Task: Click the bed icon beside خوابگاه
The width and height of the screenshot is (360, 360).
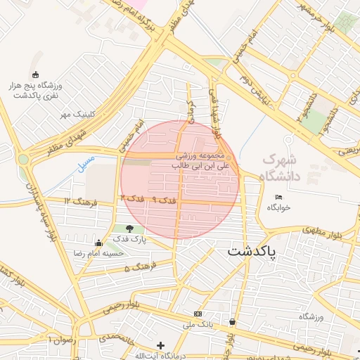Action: pos(279,197)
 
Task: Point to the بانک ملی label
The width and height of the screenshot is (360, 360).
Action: pos(198,325)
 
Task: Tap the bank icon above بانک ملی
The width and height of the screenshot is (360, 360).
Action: pos(198,314)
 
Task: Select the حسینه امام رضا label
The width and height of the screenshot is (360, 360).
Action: pos(99,252)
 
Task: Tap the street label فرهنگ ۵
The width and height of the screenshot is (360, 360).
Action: pos(136,269)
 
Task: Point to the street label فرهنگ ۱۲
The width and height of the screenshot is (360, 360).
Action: pos(77,202)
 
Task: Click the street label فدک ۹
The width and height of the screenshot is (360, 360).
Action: pos(163,200)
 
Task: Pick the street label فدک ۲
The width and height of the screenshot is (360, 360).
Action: pos(132,199)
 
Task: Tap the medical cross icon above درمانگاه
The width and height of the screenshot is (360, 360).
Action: pos(162,345)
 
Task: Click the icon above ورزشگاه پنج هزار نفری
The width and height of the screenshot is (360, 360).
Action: pos(36,75)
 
